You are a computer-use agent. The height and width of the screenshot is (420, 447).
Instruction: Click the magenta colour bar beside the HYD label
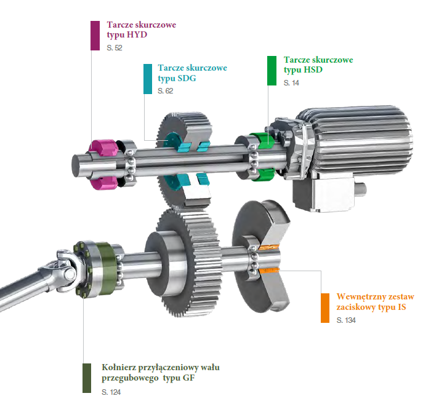coord(95,36)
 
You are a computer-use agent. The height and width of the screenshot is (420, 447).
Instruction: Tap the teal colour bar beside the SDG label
coord(148,79)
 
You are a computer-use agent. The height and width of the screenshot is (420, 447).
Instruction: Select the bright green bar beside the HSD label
coord(272,71)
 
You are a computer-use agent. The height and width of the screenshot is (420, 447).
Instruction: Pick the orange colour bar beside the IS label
coord(325,308)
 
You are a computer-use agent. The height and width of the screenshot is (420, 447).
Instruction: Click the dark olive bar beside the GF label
coord(87,378)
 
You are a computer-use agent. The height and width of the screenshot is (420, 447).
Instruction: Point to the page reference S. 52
coord(115,48)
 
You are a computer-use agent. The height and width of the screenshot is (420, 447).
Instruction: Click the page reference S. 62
coord(166,91)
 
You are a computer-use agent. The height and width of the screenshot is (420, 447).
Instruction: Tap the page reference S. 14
coord(291,83)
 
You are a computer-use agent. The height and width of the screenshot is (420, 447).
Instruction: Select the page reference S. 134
coord(346,320)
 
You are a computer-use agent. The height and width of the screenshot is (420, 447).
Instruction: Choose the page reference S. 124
coord(111,392)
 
